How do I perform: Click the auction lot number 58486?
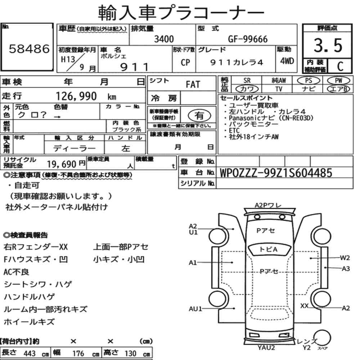(x=29, y=49)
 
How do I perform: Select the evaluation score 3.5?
(x=328, y=45)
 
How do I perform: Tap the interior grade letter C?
(x=340, y=66)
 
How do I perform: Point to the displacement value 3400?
(x=164, y=39)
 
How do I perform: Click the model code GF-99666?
(x=248, y=39)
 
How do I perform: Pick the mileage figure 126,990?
(x=76, y=96)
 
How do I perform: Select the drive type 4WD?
(x=287, y=61)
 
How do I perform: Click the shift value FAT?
(x=193, y=85)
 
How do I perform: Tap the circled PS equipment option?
(x=309, y=81)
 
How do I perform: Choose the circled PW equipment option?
(x=339, y=81)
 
